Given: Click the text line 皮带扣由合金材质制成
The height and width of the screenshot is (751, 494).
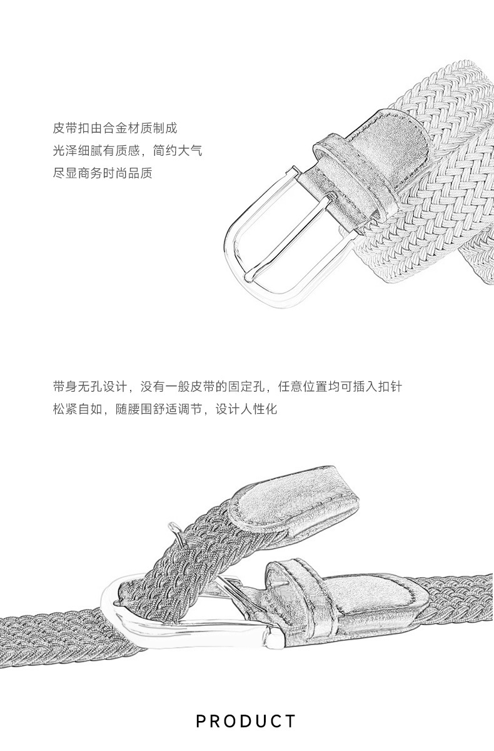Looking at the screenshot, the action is coord(115,128).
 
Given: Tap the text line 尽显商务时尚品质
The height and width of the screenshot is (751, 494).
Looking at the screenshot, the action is coord(103,173).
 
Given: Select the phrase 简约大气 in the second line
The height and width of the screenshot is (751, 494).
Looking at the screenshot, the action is coord(178,151).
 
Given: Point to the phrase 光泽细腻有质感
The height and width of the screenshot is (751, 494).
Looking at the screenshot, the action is coord(96,151).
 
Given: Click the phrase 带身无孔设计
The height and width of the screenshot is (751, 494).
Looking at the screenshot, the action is coord(90,387).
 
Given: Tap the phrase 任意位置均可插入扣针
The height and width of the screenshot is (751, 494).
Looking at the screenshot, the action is coord(340,387).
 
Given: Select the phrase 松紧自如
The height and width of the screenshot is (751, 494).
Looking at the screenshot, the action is coord(78,409).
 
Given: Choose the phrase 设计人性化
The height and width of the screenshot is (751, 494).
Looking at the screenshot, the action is coord(246,409).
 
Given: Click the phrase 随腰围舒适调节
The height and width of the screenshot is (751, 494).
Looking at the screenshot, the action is coord(159,409).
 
